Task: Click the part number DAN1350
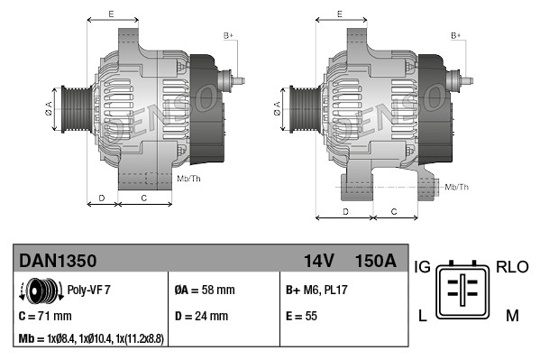[x=58, y=261]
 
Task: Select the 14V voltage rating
[x=318, y=261]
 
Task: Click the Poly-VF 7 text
[x=89, y=291]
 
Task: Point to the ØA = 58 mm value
[x=204, y=291]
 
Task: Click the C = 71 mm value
[x=45, y=317]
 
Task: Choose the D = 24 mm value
[x=200, y=317]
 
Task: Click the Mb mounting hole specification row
[x=90, y=338]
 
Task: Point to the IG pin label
[x=422, y=267]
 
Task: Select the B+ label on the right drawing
[x=456, y=35]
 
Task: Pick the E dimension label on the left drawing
[x=110, y=14]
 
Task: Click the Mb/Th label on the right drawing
[x=457, y=187]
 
